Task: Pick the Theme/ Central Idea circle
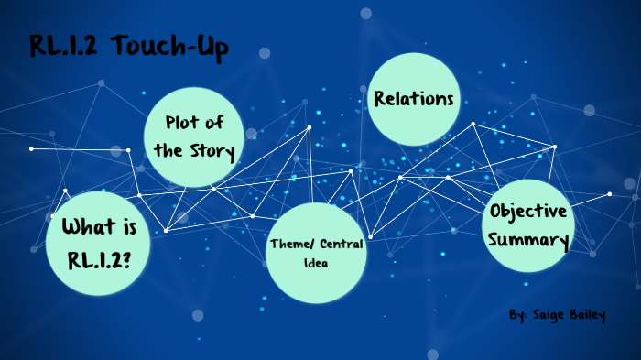(x=316, y=255)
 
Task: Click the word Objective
(x=528, y=211)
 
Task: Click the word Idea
(x=317, y=264)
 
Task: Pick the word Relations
(x=414, y=98)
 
